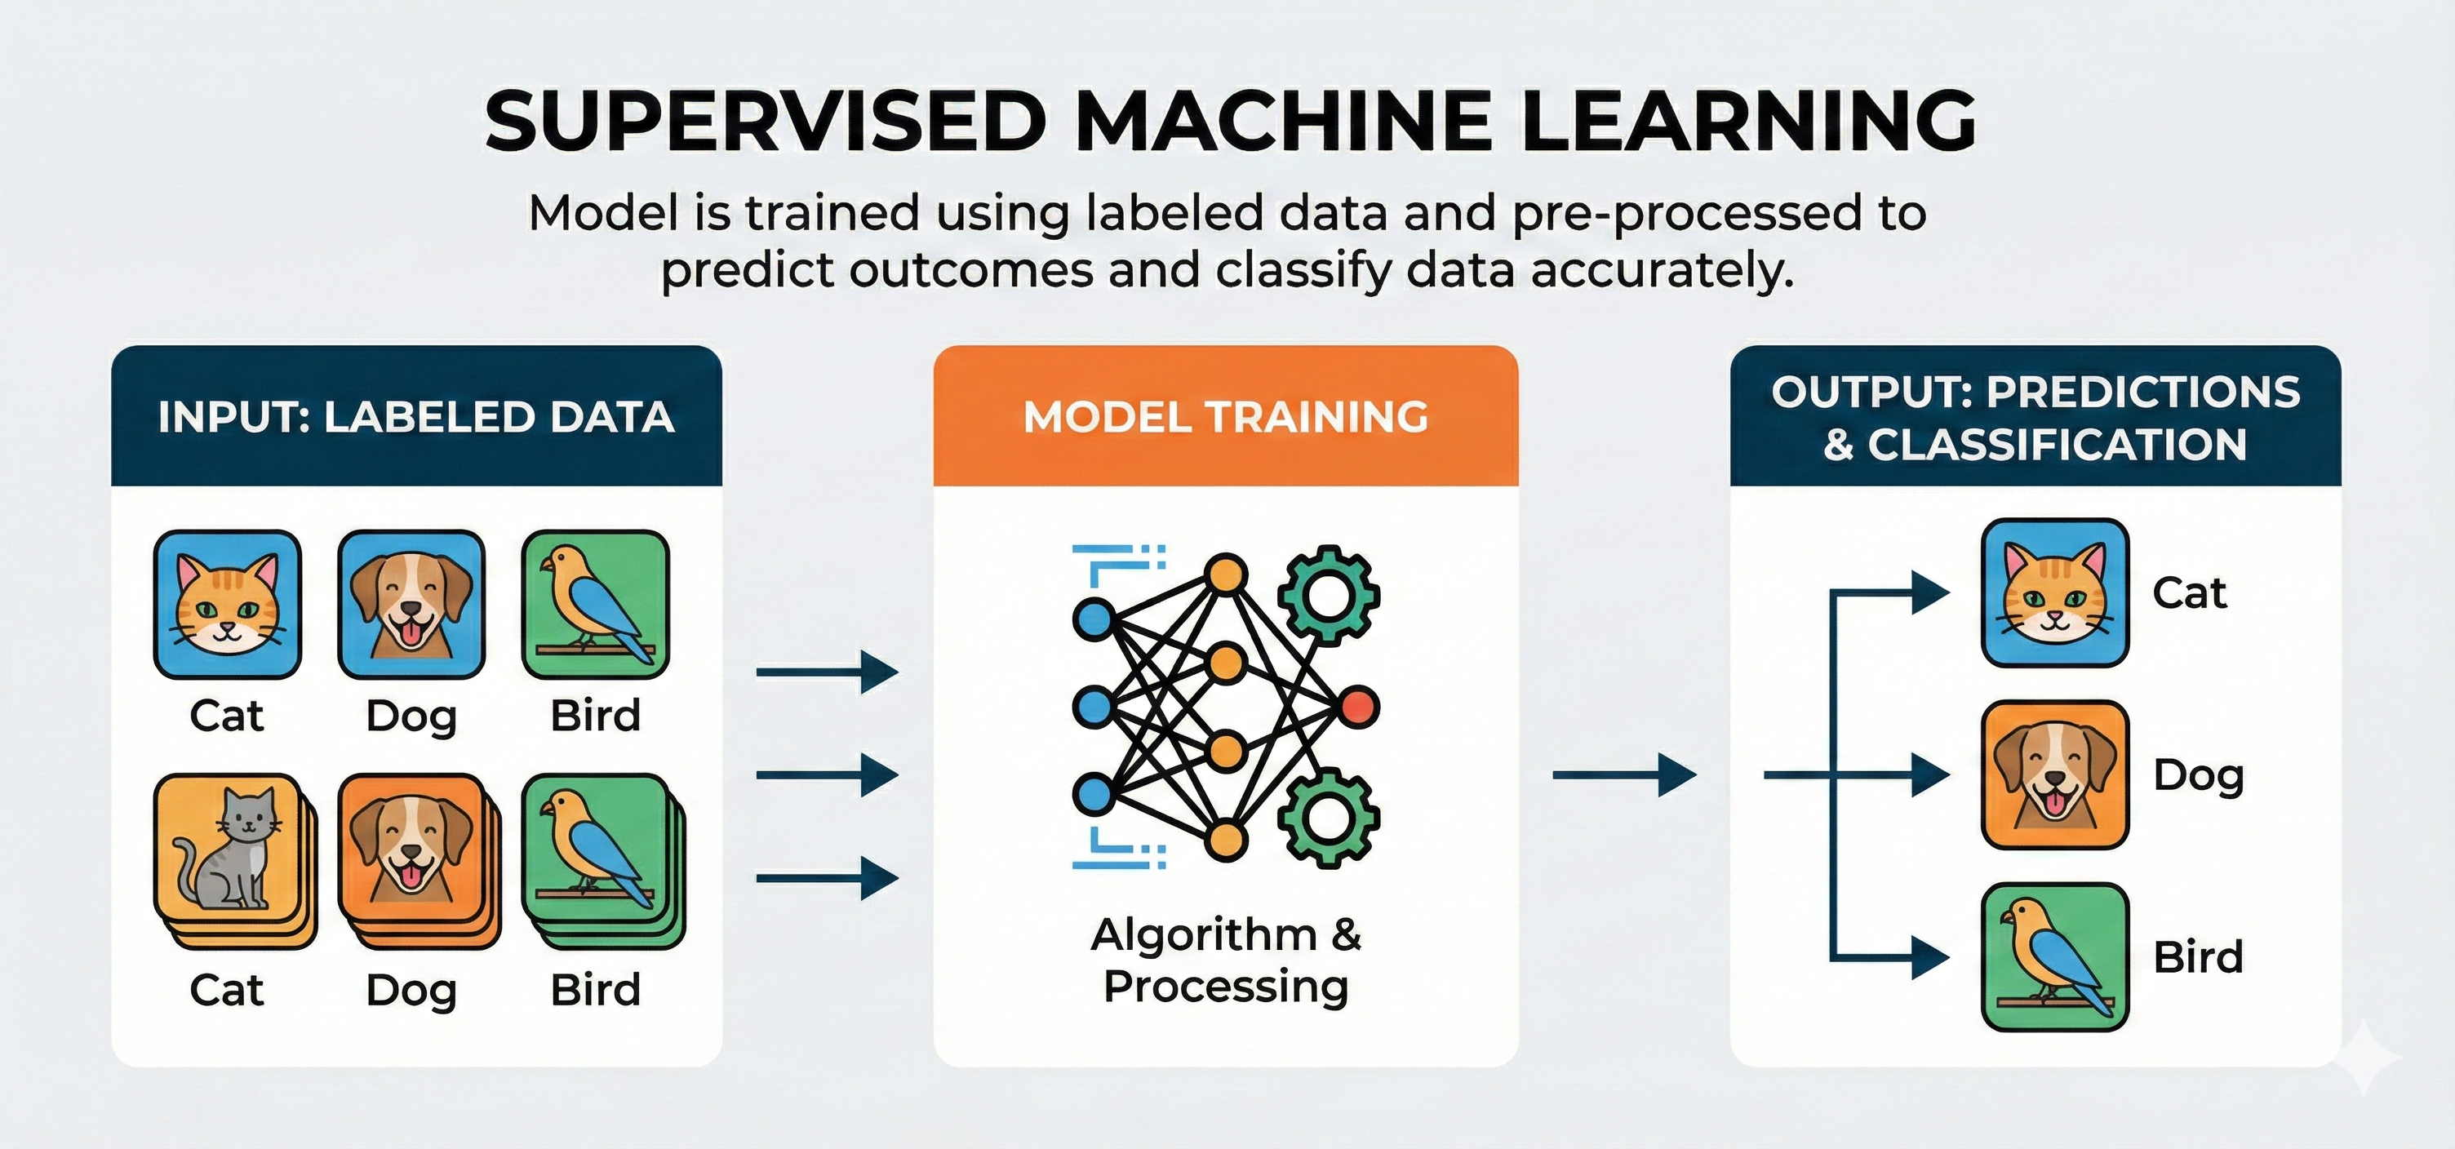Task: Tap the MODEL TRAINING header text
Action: [x=1226, y=416]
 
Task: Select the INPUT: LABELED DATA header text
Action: [x=416, y=417]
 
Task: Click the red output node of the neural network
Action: [x=1358, y=707]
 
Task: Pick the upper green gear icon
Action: [x=1329, y=597]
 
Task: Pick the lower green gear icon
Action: [x=1329, y=817]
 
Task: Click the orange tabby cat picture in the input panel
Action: [x=227, y=604]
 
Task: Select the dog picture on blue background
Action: [x=411, y=604]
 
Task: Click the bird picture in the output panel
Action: [x=2055, y=957]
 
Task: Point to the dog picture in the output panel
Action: [x=2055, y=774]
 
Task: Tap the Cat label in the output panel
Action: [x=2189, y=592]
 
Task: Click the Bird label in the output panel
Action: [x=2199, y=956]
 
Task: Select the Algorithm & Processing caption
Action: [x=1227, y=960]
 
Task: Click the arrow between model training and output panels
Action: [x=1625, y=774]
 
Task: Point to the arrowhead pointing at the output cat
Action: [x=1931, y=592]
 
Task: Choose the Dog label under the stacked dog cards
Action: [x=411, y=991]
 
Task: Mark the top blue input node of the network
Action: [x=1093, y=619]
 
